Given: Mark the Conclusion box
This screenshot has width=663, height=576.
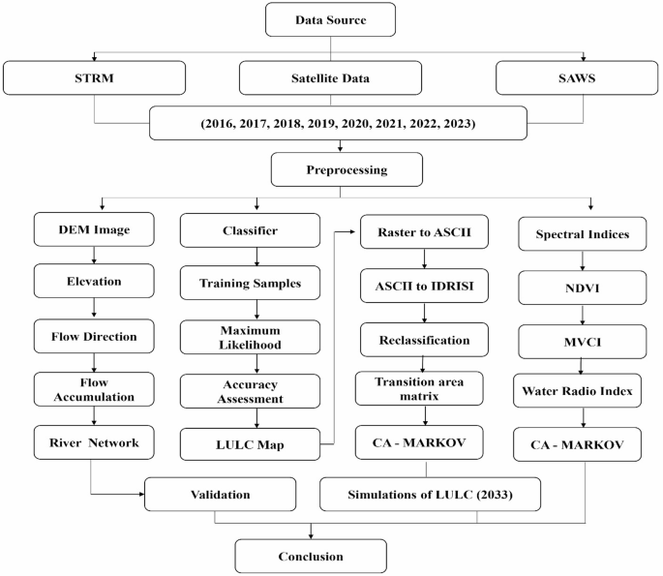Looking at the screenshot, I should click(x=311, y=556).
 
